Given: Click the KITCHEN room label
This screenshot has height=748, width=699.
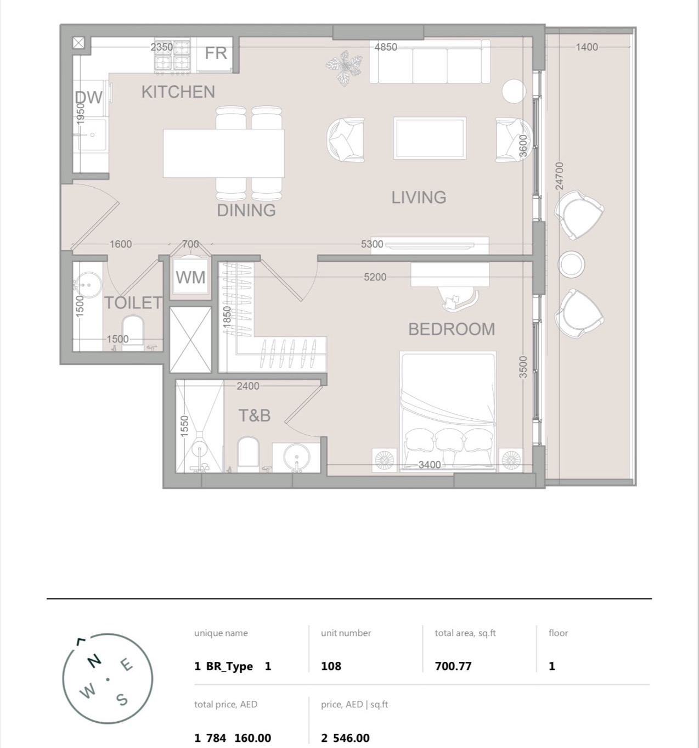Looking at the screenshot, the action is point(178,92).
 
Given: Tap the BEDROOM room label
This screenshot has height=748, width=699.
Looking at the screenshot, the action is point(452,329).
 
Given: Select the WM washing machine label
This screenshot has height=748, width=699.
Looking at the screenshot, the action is point(190,278).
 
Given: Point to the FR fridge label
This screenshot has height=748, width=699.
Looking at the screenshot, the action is point(216,53).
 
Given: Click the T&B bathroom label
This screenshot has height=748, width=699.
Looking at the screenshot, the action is point(255,415).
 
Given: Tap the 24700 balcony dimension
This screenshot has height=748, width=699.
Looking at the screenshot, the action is point(560,176).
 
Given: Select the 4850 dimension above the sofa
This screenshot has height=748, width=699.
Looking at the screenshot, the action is point(386,47).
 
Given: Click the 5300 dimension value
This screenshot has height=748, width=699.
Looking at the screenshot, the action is point(372,244).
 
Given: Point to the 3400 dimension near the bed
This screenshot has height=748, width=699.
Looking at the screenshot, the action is point(430,465).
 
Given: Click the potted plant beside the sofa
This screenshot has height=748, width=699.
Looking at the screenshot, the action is point(344,68).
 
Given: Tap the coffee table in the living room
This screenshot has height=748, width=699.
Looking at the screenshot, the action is point(430,138).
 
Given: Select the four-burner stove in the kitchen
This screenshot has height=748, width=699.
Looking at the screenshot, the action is point(172,56).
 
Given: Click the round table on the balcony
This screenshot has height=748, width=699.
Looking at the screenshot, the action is point(571,264).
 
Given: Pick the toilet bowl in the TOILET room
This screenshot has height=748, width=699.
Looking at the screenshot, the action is point(133,332).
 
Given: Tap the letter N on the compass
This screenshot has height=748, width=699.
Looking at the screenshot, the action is point(94,660).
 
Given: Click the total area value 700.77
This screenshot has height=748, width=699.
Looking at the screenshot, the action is point(453,666).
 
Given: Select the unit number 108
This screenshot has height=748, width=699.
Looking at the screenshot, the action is point(331,666).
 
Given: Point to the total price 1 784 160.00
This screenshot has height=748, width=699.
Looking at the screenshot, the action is point(233,738).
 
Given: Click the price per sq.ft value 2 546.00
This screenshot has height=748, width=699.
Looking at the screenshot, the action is point(345,738).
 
